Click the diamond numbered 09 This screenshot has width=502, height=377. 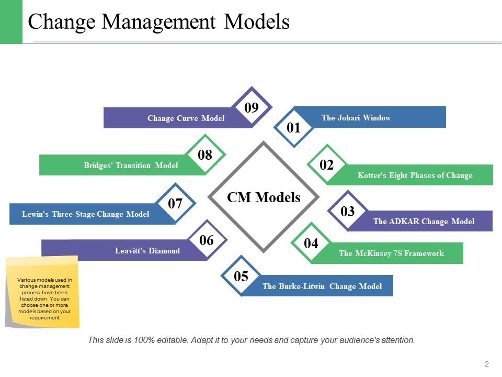[252, 108]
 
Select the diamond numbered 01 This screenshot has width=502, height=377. [294, 128]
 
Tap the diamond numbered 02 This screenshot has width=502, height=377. [326, 165]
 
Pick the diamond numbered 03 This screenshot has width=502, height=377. [348, 211]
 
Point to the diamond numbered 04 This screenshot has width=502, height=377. [311, 243]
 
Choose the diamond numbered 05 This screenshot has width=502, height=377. [241, 276]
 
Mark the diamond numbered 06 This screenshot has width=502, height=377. [207, 240]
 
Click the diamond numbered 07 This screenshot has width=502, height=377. [175, 204]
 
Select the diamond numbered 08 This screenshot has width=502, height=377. [205, 154]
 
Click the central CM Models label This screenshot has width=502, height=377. [264, 197]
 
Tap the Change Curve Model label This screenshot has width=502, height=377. [186, 118]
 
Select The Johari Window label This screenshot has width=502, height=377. [356, 118]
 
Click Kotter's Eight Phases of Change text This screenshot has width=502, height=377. [415, 175]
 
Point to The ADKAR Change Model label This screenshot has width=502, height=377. [424, 221]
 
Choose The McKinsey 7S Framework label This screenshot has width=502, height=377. [391, 253]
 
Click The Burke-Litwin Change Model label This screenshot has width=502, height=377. [322, 286]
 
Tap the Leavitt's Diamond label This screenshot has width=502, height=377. [147, 251]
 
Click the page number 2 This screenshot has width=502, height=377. [486, 364]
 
